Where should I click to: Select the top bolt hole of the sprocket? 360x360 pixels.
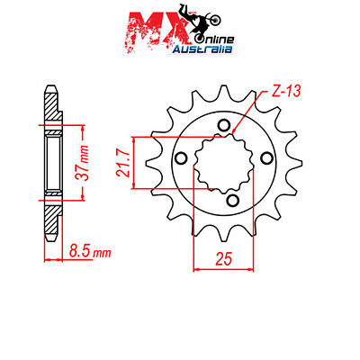224,127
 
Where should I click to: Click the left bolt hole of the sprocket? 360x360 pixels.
181,158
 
